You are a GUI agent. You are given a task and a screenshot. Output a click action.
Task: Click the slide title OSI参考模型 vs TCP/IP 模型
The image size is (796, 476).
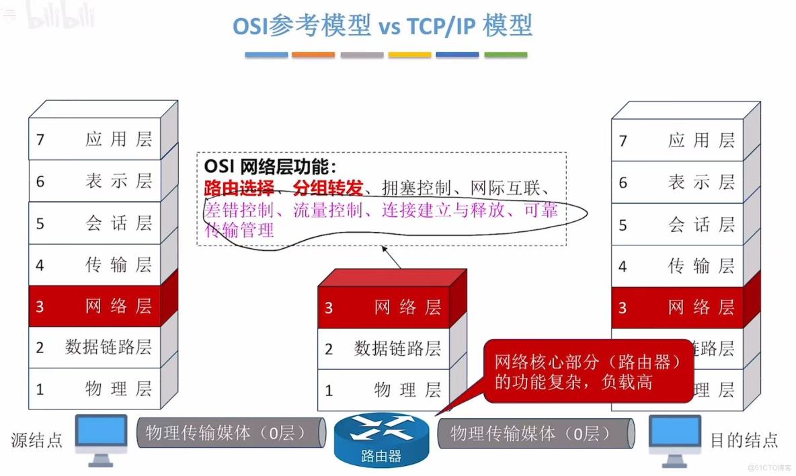pos(382,26)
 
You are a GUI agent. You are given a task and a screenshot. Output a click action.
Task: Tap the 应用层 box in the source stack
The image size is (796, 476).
pos(95,139)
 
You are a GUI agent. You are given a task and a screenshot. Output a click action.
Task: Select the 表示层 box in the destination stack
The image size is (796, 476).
pos(677,182)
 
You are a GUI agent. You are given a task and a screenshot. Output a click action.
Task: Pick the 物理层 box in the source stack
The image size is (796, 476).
pos(95,389)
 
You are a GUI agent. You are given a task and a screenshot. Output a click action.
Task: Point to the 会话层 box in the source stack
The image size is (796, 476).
pos(95,223)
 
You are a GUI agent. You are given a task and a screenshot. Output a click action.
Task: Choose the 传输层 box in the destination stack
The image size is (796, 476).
pos(677,266)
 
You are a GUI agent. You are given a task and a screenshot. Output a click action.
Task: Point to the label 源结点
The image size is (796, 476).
pos(37,440)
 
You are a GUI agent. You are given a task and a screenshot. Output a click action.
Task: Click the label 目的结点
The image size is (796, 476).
pos(744,440)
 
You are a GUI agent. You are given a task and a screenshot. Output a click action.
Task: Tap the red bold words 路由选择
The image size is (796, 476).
pos(239,188)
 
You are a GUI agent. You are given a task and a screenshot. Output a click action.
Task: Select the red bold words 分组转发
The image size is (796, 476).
pos(327,188)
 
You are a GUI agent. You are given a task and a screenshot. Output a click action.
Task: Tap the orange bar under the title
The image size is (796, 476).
pos(313,55)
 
